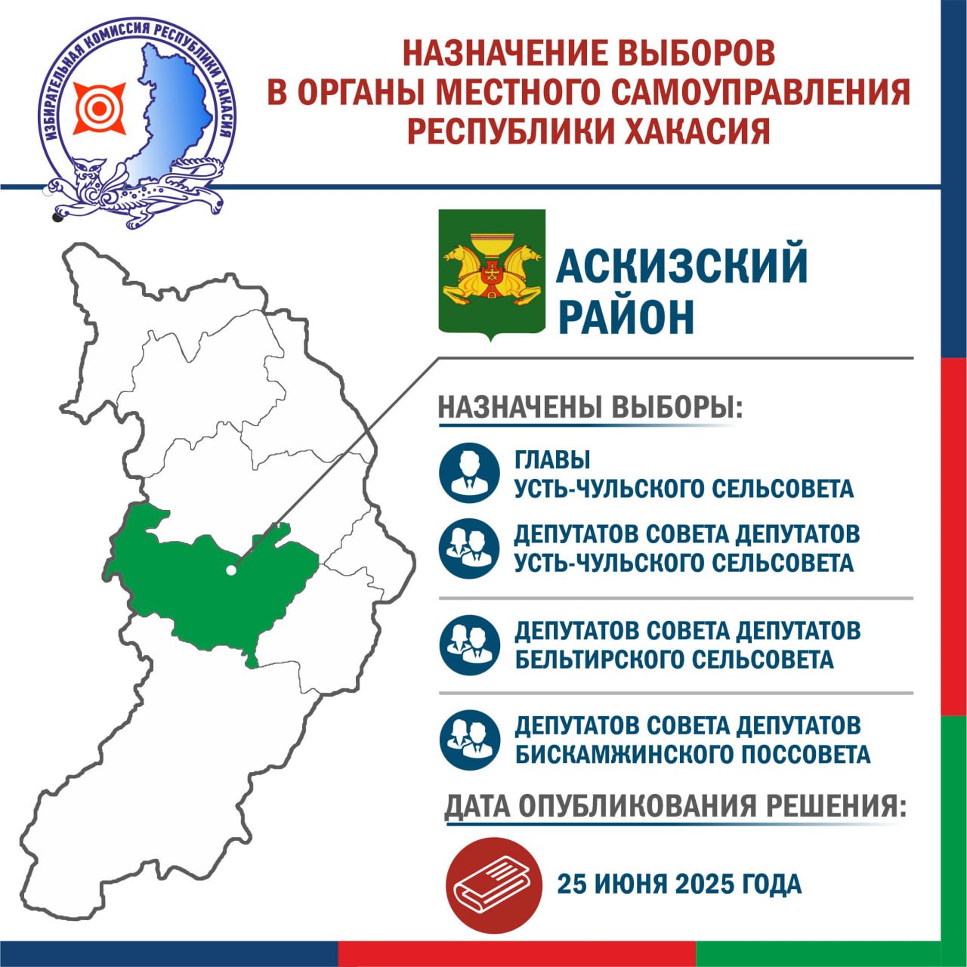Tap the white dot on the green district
coord(231,570)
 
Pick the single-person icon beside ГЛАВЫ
coord(469,473)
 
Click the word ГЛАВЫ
coord(552,459)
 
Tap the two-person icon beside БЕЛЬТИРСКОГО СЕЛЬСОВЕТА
coord(469,644)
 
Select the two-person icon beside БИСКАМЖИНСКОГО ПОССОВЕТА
coord(469,740)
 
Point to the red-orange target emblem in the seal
coord(100,108)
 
